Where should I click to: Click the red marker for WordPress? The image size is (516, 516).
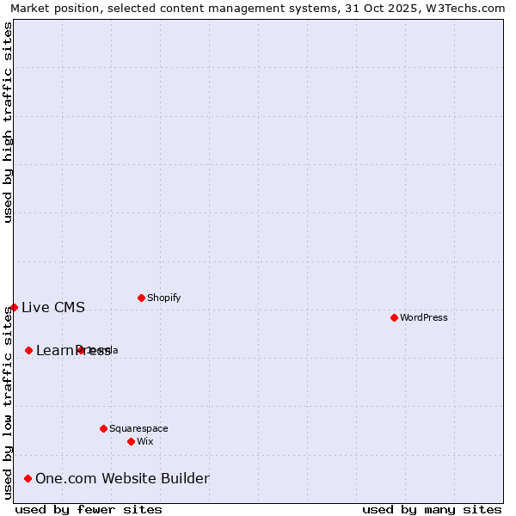click(x=394, y=317)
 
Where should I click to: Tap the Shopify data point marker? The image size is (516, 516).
click(x=141, y=298)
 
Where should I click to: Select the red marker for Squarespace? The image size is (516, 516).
click(x=103, y=428)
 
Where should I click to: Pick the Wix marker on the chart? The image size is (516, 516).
click(x=131, y=441)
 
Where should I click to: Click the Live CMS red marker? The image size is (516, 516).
click(x=14, y=307)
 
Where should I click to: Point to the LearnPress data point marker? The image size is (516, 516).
click(x=28, y=350)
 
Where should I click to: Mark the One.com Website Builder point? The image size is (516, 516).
click(x=28, y=478)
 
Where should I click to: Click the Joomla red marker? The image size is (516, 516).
click(x=81, y=350)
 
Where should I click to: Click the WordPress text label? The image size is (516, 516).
click(x=424, y=317)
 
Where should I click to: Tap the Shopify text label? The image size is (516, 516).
click(x=163, y=298)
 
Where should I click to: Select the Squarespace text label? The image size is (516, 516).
click(x=138, y=428)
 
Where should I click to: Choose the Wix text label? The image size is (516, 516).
click(x=145, y=441)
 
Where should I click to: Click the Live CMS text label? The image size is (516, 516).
click(x=53, y=307)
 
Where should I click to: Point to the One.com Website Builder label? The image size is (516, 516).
click(x=122, y=478)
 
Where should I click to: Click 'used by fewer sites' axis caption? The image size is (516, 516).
click(x=89, y=509)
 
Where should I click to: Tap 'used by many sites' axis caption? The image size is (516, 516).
click(x=432, y=509)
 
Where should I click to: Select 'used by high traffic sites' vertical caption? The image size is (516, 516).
click(x=8, y=122)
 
